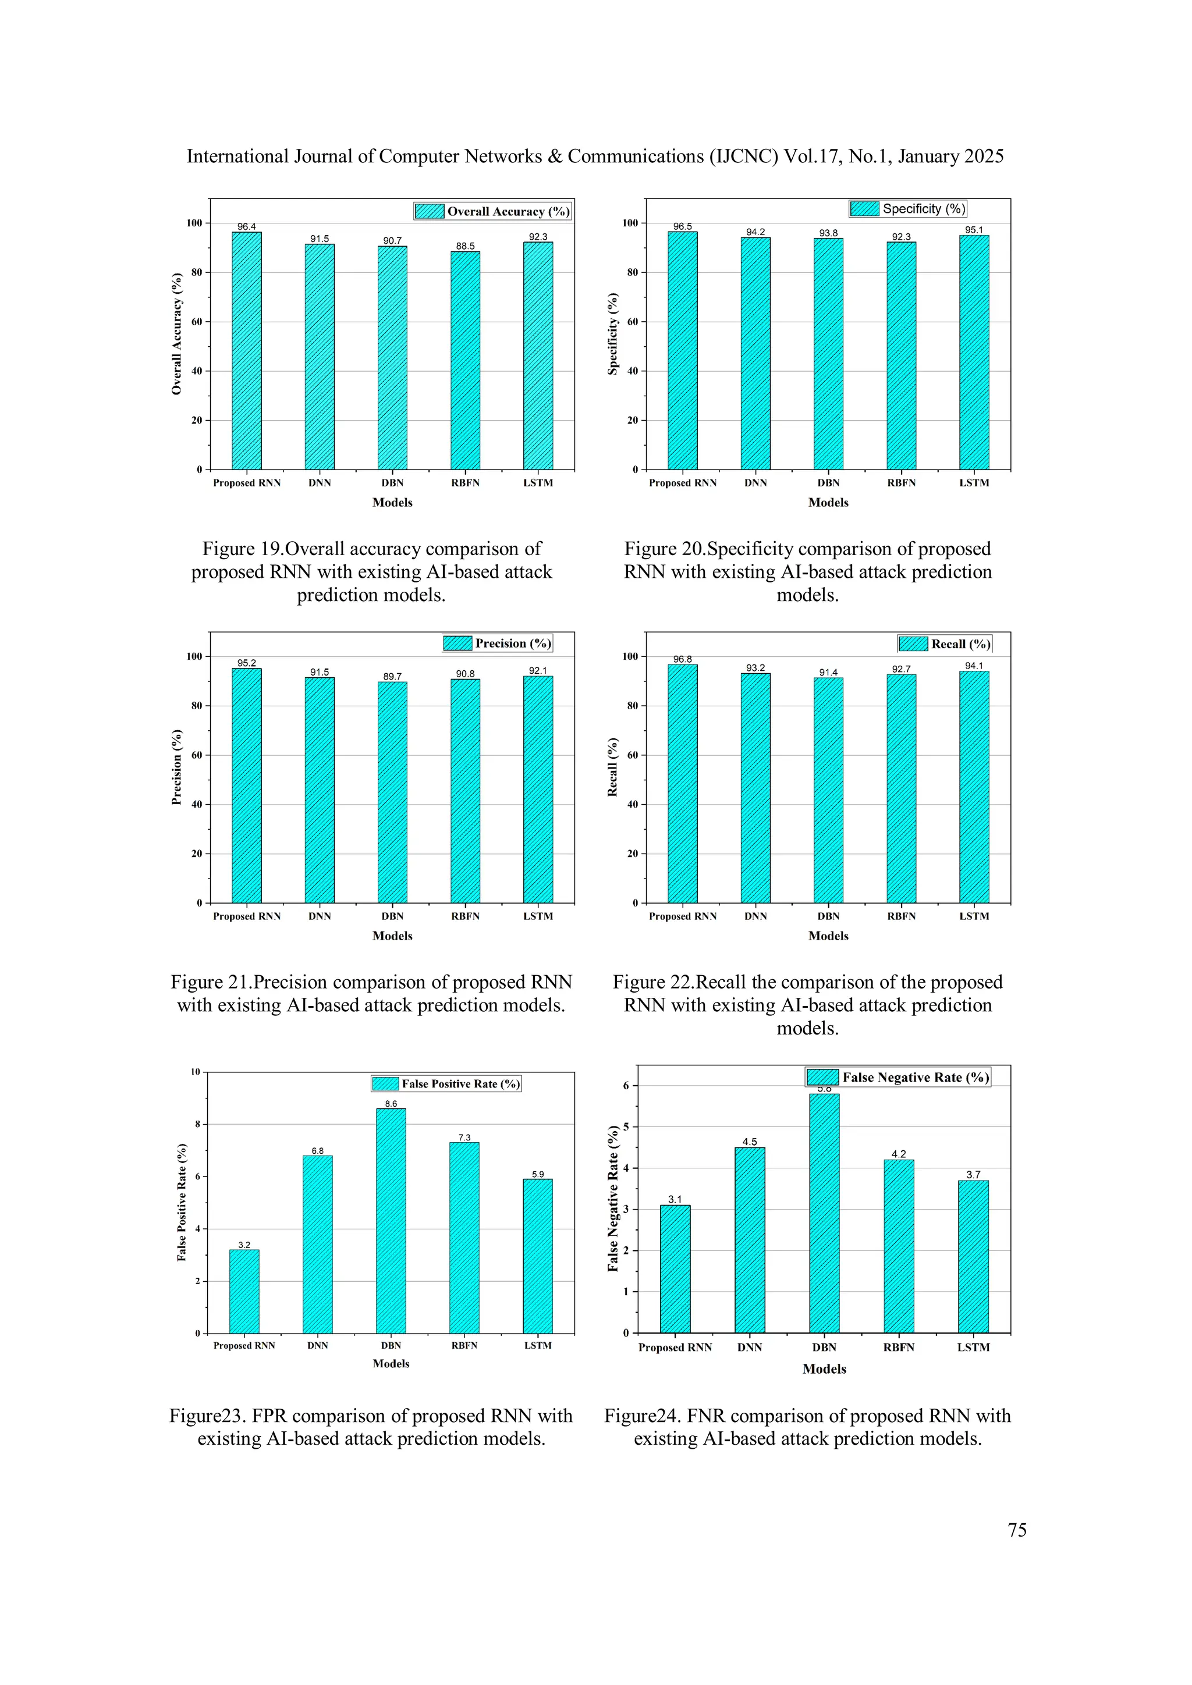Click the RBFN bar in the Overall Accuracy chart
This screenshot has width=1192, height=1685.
(466, 360)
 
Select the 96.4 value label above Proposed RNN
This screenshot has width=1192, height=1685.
(247, 227)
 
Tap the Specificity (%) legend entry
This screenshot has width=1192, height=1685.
(908, 209)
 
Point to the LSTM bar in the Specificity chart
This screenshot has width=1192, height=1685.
(974, 352)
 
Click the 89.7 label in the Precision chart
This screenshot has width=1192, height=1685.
(393, 677)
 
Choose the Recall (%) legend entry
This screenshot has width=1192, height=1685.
(945, 644)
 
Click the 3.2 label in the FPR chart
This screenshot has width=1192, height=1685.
(244, 1245)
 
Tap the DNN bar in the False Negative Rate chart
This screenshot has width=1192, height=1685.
(750, 1240)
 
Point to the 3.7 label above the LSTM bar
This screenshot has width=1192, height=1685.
(973, 1175)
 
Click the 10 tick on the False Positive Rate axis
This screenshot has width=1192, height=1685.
(195, 1072)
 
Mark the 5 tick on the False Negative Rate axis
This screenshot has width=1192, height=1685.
(626, 1126)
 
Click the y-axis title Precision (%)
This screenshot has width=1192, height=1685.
(176, 767)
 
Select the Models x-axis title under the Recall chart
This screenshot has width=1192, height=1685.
(828, 936)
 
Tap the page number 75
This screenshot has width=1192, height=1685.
(1017, 1530)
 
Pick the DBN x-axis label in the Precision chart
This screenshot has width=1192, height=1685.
(393, 916)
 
